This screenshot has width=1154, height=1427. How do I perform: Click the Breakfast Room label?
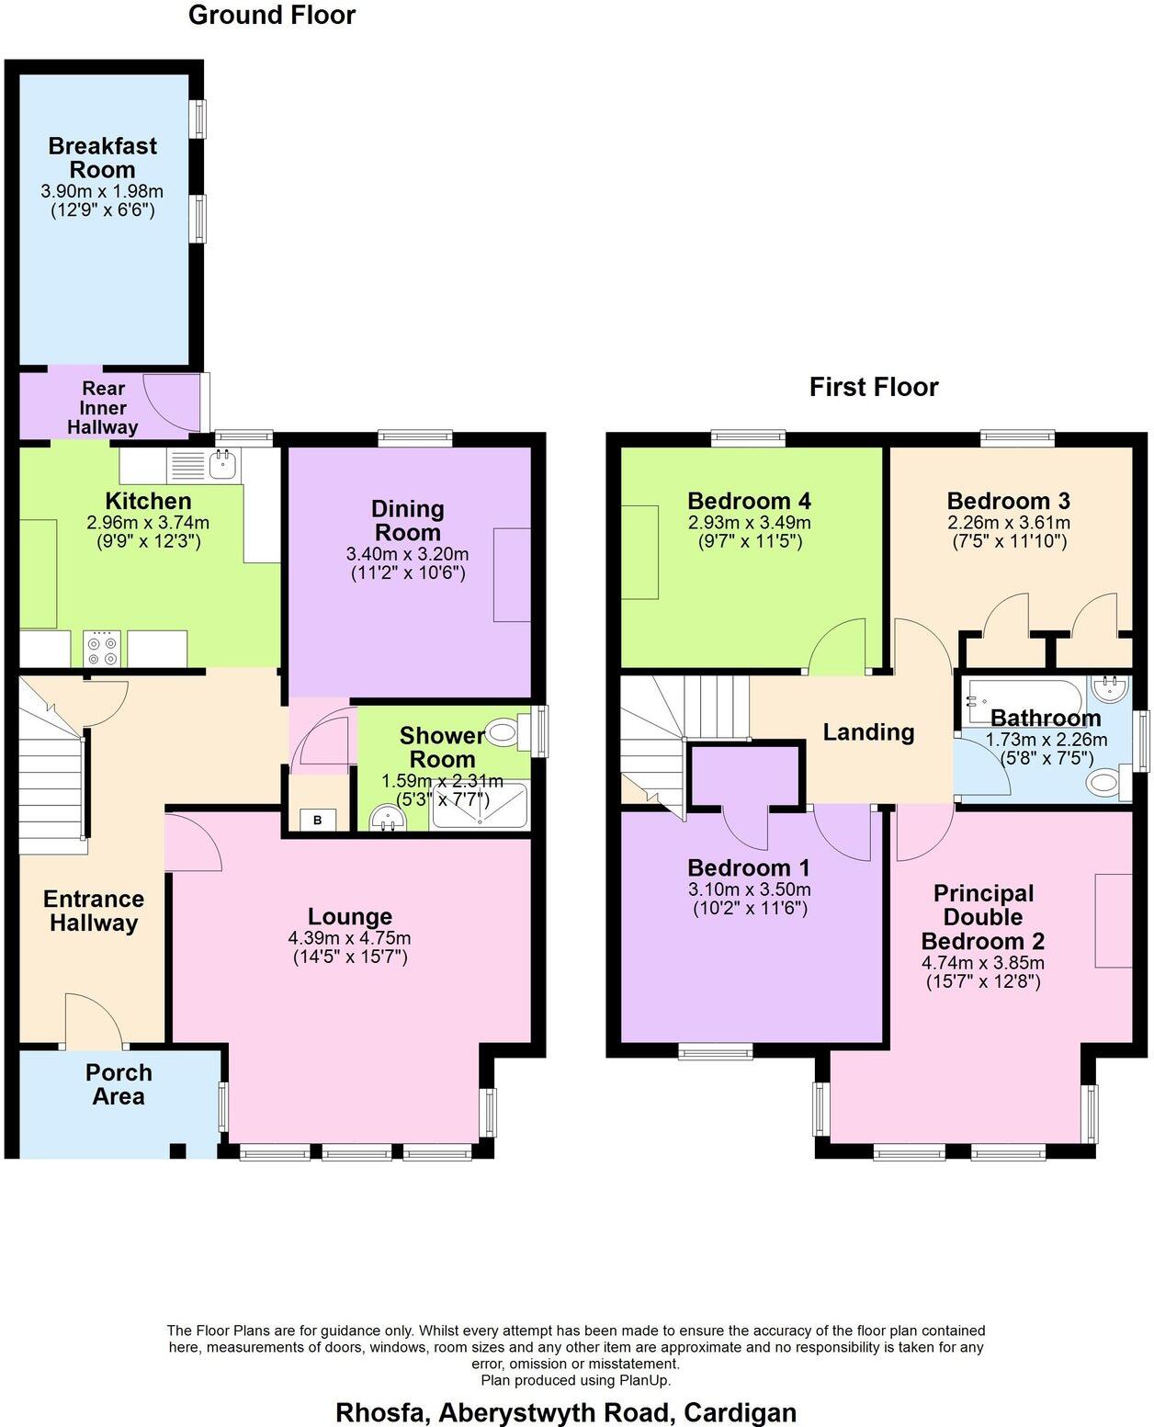pyautogui.click(x=103, y=158)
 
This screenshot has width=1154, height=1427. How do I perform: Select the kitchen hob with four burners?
pyautogui.click(x=101, y=650)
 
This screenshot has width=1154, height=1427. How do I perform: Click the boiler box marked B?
pyautogui.click(x=318, y=820)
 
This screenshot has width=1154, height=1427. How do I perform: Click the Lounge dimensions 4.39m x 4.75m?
pyautogui.click(x=349, y=939)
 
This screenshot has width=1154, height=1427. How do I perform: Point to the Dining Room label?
pyautogui.click(x=407, y=520)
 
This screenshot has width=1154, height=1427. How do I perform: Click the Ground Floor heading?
pyautogui.click(x=272, y=16)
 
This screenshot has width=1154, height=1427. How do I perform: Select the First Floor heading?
pyautogui.click(x=874, y=387)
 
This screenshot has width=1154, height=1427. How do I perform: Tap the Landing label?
pyautogui.click(x=868, y=732)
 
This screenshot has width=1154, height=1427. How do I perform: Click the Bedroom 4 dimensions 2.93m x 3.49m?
pyautogui.click(x=749, y=523)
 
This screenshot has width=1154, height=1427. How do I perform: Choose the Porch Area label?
pyautogui.click(x=119, y=1084)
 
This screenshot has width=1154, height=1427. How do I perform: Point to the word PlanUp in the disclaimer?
pyautogui.click(x=643, y=1380)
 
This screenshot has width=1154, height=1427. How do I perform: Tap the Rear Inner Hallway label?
pyautogui.click(x=103, y=408)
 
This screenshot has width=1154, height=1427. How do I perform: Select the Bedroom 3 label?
pyautogui.click(x=1008, y=501)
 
